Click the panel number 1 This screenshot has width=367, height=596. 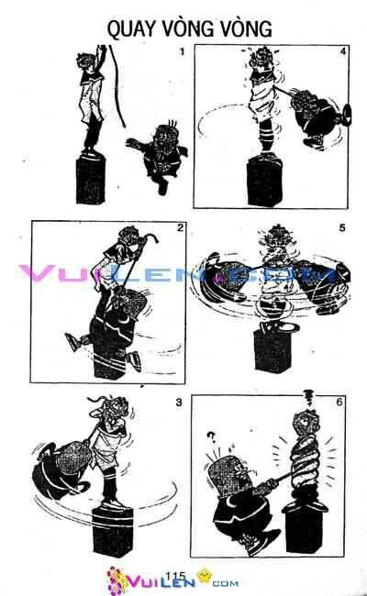[182, 51]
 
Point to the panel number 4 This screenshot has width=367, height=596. [342, 51]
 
